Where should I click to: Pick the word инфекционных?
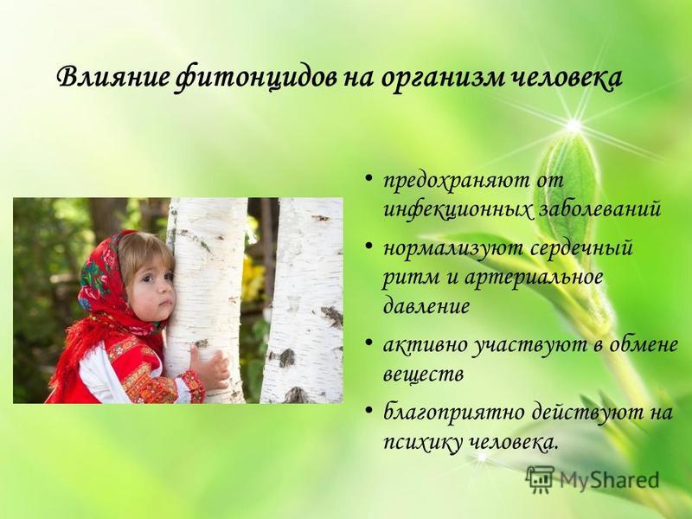458,209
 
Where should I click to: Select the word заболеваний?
599,208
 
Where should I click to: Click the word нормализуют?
453,248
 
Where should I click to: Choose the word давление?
426,305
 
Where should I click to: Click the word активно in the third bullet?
425,344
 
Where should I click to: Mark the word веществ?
423,375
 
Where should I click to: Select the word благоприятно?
454,413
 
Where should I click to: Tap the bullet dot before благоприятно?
369,409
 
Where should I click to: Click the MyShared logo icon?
540,479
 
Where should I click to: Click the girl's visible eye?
147,279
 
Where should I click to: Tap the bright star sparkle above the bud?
573,126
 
